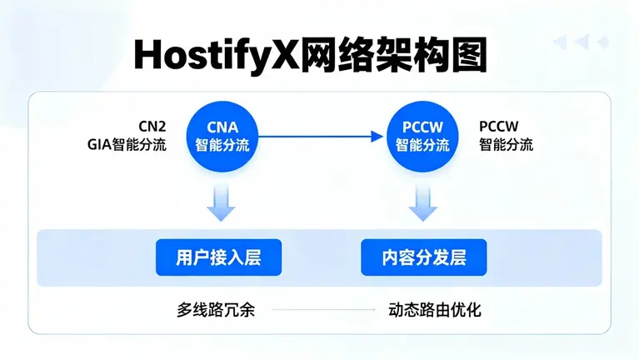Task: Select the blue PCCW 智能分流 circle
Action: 422,135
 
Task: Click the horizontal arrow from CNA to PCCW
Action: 321,135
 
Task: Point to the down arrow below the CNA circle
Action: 222,202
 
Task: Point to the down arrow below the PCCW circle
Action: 422,202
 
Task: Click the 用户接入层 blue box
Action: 218,257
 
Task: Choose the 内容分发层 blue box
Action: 423,257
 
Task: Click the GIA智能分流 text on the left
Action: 127,144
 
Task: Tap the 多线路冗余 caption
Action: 215,310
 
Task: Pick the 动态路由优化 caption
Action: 434,310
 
